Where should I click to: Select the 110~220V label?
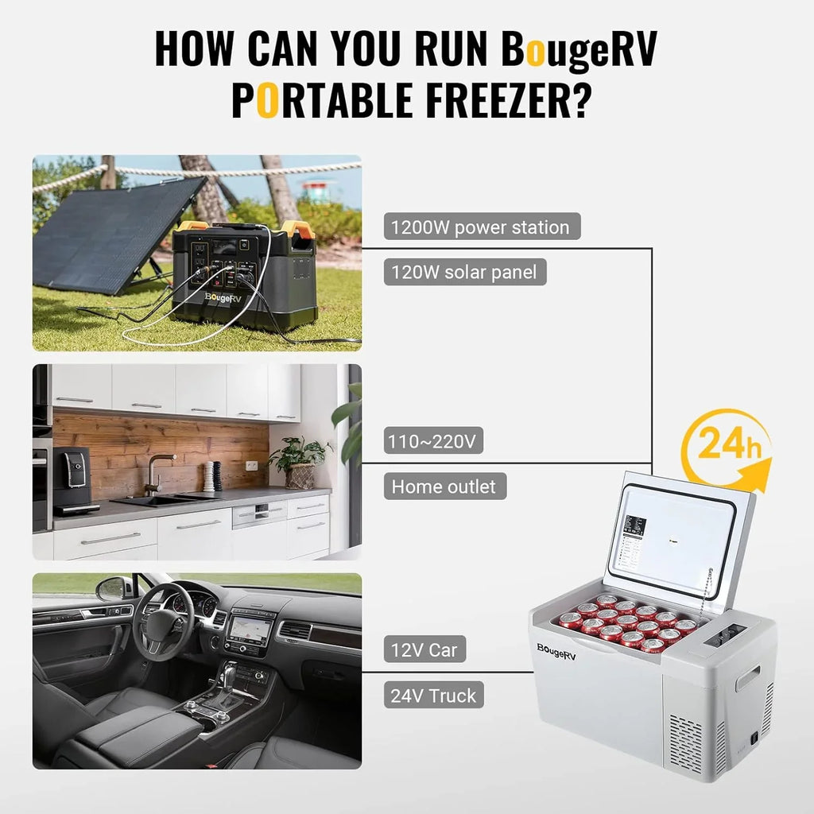click(433, 440)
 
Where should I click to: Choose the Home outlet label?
click(444, 486)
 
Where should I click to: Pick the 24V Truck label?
click(433, 696)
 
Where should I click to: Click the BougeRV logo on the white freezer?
click(556, 649)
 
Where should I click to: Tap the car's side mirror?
click(112, 588)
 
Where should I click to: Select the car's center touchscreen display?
click(249, 630)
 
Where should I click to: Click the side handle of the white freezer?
click(747, 678)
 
